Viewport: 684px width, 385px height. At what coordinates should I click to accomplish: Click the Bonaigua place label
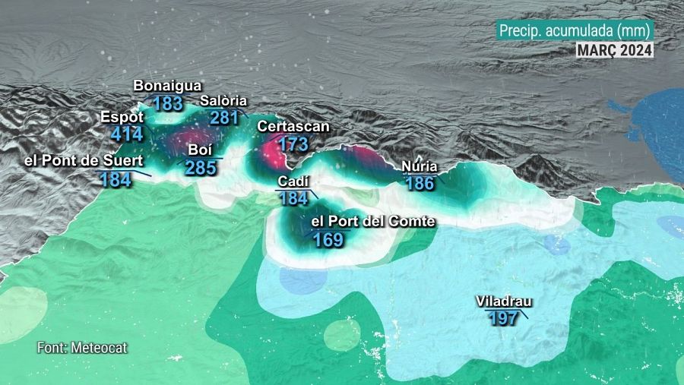[x=167, y=86]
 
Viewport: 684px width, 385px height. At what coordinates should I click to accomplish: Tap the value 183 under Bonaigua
[x=167, y=103]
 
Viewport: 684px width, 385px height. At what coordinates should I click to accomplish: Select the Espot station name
[x=122, y=118]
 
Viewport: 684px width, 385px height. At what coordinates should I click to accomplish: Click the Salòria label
[x=224, y=101]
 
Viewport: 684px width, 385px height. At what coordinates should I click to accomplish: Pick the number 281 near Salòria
[x=225, y=118]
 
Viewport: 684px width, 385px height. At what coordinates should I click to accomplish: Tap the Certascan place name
[x=293, y=126]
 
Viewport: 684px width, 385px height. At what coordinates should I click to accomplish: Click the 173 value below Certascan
[x=293, y=144]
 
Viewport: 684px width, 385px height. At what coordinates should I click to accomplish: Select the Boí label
[x=200, y=150]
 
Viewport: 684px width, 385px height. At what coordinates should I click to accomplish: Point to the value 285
[x=201, y=168]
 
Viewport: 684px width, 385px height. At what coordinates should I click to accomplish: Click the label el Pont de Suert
[x=78, y=160]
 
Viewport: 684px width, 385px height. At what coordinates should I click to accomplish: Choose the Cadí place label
[x=293, y=182]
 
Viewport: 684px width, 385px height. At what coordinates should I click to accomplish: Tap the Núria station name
[x=419, y=167]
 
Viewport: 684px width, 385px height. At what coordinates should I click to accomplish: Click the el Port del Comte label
[x=374, y=222]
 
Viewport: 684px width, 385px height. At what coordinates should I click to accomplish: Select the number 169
[x=328, y=240]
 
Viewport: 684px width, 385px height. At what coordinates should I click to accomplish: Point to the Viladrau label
[x=503, y=301]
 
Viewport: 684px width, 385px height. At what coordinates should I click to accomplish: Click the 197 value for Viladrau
[x=503, y=318]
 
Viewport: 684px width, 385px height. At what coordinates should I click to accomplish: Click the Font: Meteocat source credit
[x=82, y=348]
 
